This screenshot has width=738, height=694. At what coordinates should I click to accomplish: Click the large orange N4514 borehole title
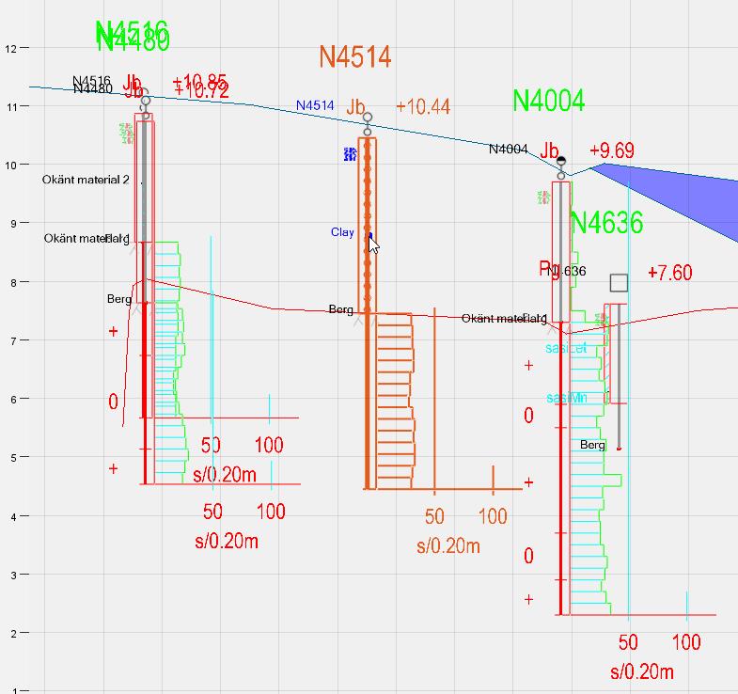(354, 56)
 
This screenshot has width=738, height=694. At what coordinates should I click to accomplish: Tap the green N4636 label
(606, 223)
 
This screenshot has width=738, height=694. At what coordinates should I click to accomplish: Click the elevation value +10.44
(423, 106)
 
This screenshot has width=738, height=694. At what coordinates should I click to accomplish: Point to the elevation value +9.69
(612, 150)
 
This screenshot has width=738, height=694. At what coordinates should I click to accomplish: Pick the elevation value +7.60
(670, 273)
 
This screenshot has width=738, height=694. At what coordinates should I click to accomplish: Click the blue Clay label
(342, 232)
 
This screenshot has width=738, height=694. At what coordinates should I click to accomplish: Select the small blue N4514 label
(315, 106)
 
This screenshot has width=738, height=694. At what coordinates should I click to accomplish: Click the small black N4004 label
(508, 149)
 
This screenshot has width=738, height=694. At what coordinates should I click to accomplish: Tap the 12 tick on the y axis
(11, 48)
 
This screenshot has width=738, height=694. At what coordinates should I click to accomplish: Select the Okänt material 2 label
(86, 179)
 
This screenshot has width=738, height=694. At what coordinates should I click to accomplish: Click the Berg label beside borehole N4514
(341, 309)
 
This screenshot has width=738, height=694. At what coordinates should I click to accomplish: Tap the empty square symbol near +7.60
(619, 283)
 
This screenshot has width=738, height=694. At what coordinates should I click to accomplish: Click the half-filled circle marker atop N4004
(561, 162)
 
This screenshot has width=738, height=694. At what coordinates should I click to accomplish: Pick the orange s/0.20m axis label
(448, 546)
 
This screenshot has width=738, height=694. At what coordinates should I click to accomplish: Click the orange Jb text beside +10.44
(355, 107)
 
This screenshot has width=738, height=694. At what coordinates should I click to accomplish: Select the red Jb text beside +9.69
(550, 151)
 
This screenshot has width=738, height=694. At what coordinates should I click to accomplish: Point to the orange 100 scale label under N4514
(494, 516)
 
